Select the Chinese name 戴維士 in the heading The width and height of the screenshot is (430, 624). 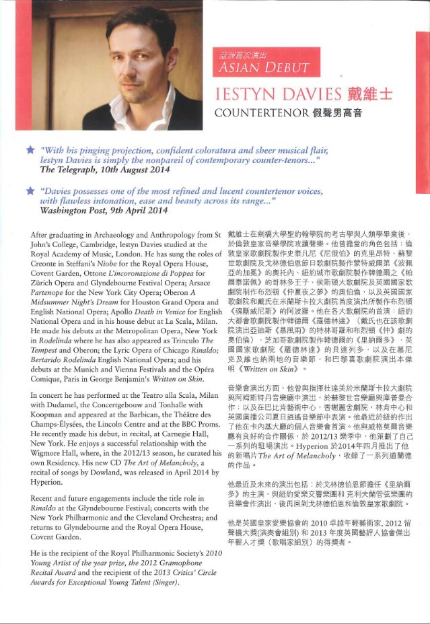click(x=368, y=94)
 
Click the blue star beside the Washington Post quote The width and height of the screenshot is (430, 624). click(x=29, y=191)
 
